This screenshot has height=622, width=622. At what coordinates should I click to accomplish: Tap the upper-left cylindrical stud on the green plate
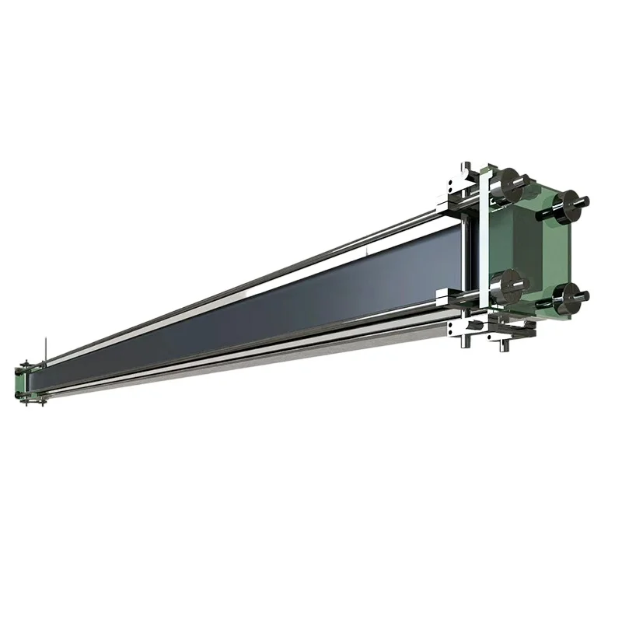511,185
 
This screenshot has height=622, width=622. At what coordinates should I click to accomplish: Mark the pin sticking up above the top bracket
464,166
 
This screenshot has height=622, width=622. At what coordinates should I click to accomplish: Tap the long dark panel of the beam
272,311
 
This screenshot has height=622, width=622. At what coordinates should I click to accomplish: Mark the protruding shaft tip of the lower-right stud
584,295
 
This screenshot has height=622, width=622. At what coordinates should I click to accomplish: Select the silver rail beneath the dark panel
272,350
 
